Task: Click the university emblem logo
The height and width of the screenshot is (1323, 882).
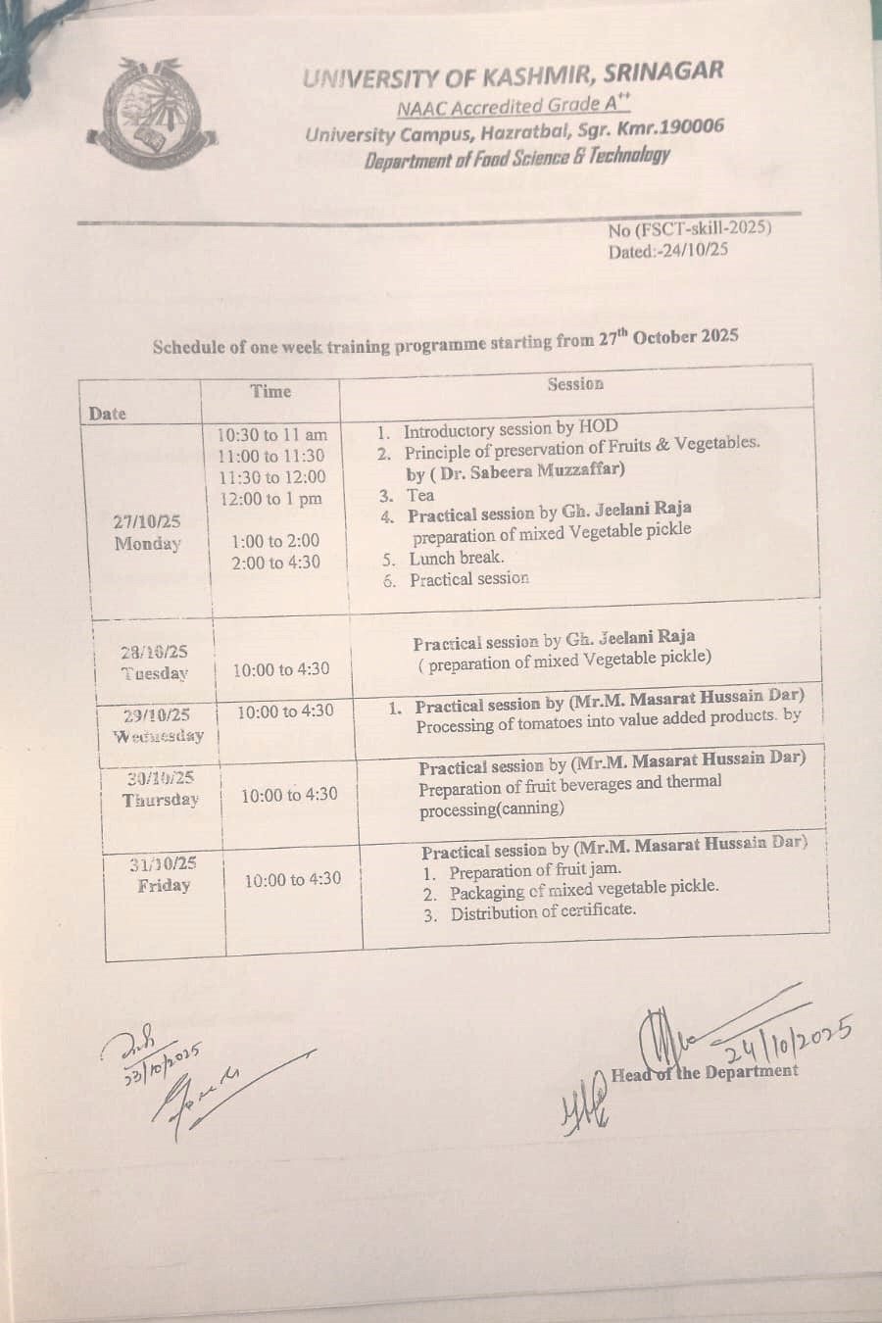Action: [x=149, y=113]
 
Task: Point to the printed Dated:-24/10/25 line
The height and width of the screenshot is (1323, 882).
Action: [x=668, y=251]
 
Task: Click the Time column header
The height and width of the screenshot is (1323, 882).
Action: [x=270, y=392]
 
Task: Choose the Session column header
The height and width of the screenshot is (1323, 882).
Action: [x=575, y=384]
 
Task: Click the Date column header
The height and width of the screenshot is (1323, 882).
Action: [x=108, y=414]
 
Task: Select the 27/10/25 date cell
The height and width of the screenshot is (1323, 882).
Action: [x=147, y=522]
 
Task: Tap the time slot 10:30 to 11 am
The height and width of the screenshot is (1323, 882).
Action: [x=272, y=434]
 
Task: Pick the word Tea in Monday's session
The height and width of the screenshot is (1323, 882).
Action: [x=420, y=495]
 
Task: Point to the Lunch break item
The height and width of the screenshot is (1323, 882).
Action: [x=457, y=559]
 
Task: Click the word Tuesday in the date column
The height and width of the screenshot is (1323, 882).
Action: [x=154, y=673]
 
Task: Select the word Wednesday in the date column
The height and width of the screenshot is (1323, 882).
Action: [x=159, y=736]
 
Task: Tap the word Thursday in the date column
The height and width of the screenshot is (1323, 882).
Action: [x=161, y=800]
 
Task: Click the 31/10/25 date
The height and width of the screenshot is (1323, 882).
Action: [x=163, y=863]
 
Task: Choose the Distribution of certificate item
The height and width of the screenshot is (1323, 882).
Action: [x=543, y=911]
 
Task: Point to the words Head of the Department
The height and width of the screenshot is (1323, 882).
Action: [x=705, y=1073]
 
